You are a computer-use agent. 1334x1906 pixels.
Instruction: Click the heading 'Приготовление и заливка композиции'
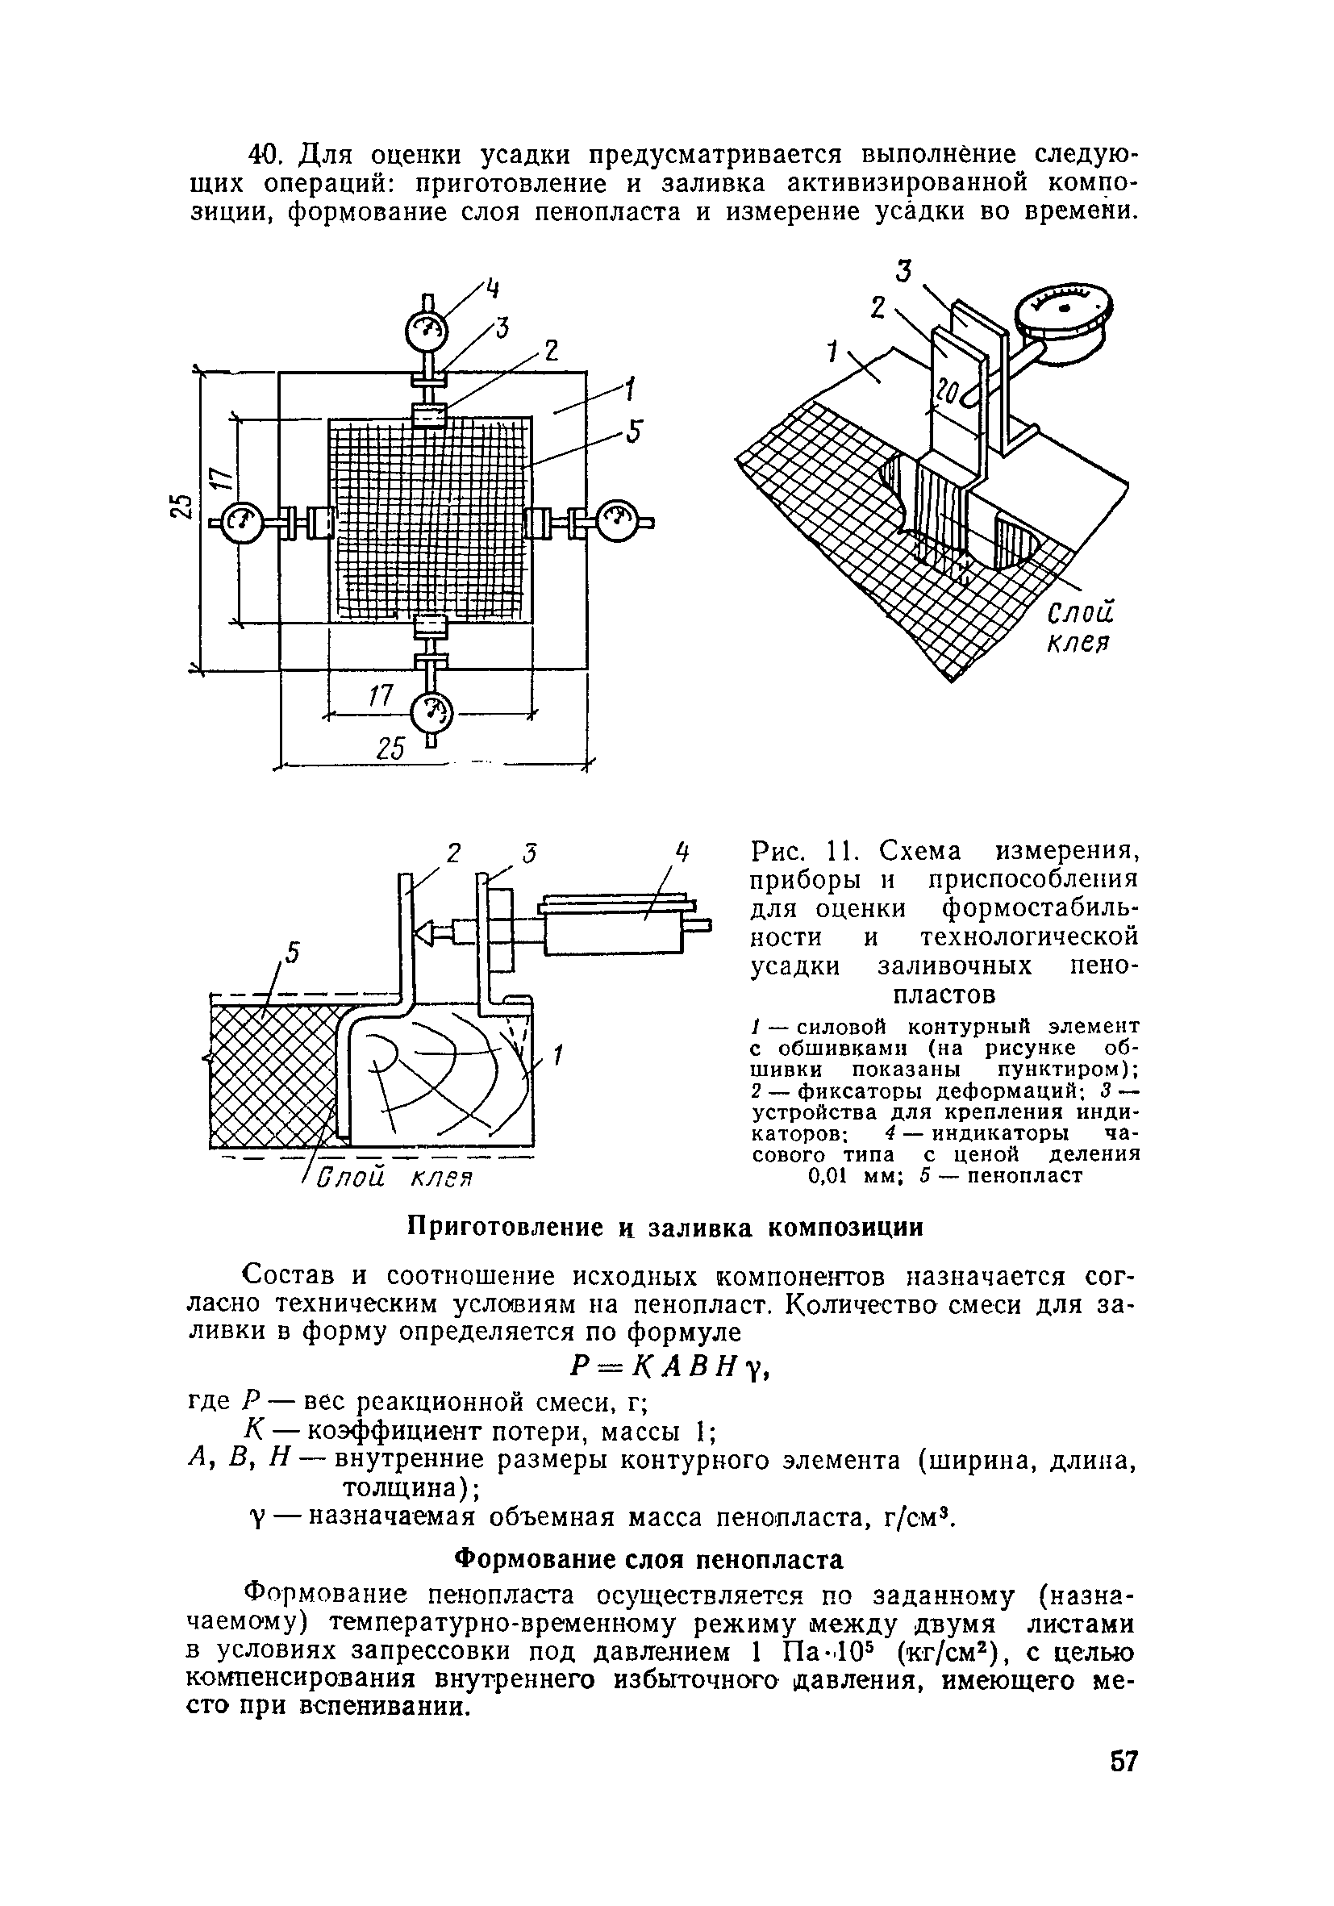point(665,1228)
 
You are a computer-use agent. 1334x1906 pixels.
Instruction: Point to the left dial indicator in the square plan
point(240,521)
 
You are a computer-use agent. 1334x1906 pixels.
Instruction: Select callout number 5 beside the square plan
point(634,432)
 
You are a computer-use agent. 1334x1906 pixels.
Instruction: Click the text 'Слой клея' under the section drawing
point(395,1178)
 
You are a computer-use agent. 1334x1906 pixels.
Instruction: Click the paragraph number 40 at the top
point(265,154)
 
